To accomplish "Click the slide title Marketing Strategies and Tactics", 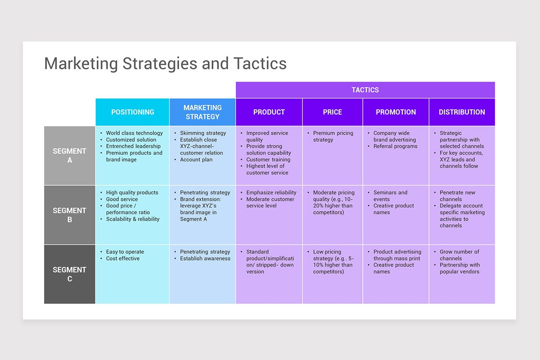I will pos(165,63).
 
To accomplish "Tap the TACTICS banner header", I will pos(365,90).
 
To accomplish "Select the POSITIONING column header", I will pos(132,112).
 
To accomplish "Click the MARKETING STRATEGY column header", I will pos(202,112).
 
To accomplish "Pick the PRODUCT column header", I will pos(269,112).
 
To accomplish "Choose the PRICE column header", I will pos(332,112).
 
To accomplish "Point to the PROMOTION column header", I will pos(396,112).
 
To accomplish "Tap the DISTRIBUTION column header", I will pos(462,112).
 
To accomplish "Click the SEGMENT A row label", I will pos(69,156).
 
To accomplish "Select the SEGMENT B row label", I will pos(69,215).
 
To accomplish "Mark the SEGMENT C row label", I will pos(69,274).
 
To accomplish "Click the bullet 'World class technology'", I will pos(134,133).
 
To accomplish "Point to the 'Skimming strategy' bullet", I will pos(203,133).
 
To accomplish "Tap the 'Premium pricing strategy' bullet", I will pos(333,136).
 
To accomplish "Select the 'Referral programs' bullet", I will pos(395,146).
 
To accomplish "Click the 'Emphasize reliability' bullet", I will pos(271,193).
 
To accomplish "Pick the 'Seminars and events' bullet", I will pos(390,196).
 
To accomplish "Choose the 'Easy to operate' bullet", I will pos(124,252).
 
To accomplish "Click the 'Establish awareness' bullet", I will pos(205,259).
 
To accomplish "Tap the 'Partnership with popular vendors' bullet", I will pos(459,268).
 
